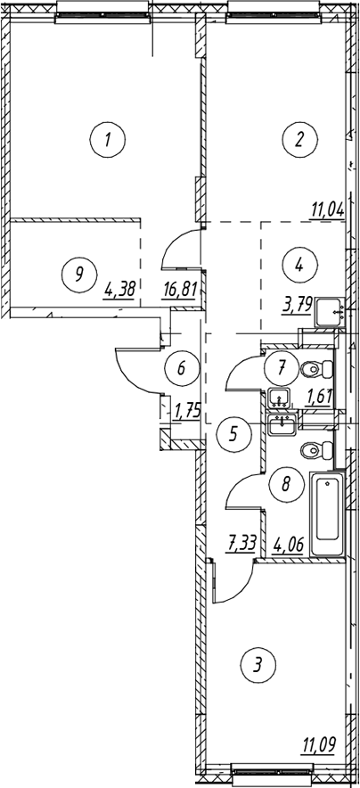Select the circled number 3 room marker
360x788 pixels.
pos(257,666)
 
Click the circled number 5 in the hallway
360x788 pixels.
pos(233,434)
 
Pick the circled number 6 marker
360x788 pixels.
pos(181,367)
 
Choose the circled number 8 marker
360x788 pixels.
pos(286,484)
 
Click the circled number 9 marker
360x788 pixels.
pos(78,275)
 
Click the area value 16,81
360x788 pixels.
pos(179,290)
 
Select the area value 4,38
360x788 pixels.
pos(119,290)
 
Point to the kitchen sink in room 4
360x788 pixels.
pos(330,312)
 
